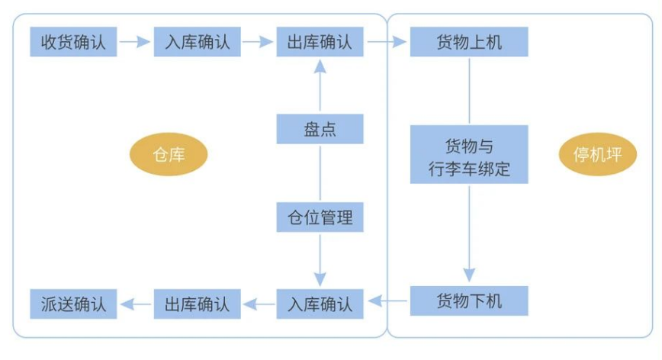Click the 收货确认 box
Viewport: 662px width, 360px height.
(x=74, y=41)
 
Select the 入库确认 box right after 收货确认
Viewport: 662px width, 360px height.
(x=197, y=41)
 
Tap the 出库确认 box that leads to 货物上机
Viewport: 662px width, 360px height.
(x=320, y=41)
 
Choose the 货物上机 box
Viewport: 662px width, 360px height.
(x=468, y=41)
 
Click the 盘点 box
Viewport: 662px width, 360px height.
(x=320, y=129)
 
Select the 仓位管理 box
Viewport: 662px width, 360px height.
(x=320, y=217)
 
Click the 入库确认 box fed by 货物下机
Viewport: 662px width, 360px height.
(x=320, y=304)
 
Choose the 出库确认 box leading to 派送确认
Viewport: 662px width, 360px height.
(x=197, y=304)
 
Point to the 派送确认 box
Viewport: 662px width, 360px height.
(x=74, y=304)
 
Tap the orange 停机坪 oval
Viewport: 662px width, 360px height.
(x=598, y=155)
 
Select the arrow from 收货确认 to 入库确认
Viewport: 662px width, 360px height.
(x=135, y=42)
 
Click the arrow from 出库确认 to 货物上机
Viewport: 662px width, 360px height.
(x=387, y=42)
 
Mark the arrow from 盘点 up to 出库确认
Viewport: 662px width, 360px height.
(x=320, y=85)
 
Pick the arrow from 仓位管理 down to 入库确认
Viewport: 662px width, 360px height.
(x=320, y=259)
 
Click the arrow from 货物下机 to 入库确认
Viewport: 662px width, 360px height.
(x=387, y=303)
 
